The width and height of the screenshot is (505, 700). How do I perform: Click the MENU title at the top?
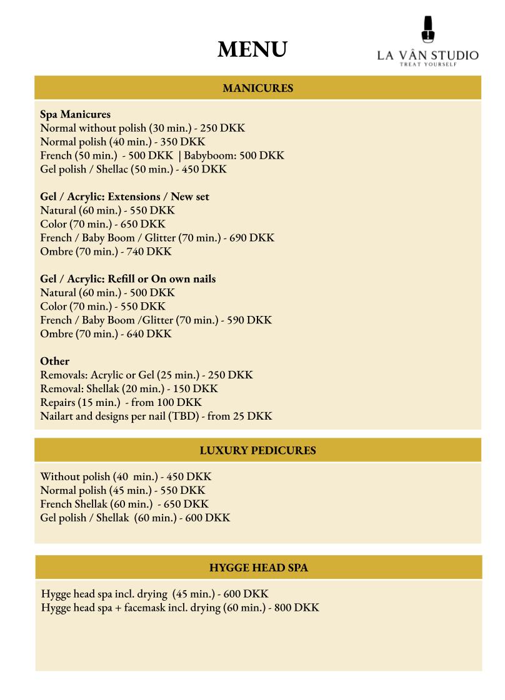click(252, 49)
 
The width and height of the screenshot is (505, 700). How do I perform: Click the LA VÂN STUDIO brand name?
click(427, 56)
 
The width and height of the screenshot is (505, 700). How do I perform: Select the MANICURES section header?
click(257, 89)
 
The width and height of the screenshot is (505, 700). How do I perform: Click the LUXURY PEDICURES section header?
click(257, 450)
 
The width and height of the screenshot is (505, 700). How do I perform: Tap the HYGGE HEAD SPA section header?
click(258, 568)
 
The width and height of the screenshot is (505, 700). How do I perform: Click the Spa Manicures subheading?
click(75, 114)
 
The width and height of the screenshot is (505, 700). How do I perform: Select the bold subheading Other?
click(54, 361)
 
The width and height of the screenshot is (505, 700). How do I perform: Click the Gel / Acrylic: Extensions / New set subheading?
click(124, 197)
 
